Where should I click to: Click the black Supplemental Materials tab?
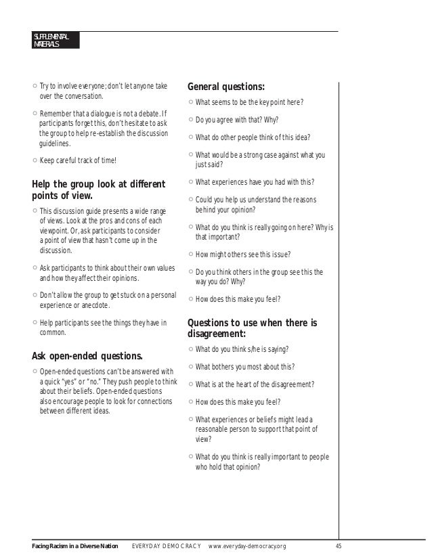click(x=56, y=40)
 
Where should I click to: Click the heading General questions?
click(x=225, y=87)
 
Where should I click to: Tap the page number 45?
click(x=339, y=546)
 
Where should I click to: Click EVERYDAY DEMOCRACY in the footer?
click(x=166, y=546)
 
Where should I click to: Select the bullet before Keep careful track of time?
click(x=35, y=160)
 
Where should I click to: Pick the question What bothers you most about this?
click(x=244, y=367)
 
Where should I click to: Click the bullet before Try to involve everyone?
click(x=35, y=87)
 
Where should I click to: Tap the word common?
click(x=53, y=333)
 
